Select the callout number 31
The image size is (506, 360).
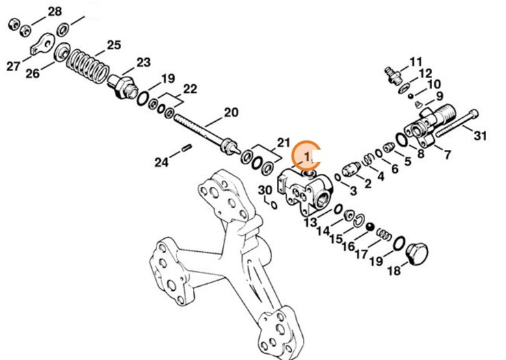[481, 136]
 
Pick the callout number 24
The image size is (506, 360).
[161, 162]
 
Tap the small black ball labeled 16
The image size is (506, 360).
[369, 227]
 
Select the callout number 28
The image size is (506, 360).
[54, 11]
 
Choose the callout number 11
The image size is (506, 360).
[416, 62]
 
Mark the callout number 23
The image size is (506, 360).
[143, 62]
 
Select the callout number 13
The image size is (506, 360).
[310, 223]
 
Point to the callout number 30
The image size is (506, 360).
[265, 190]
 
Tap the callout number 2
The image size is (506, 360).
[367, 183]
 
